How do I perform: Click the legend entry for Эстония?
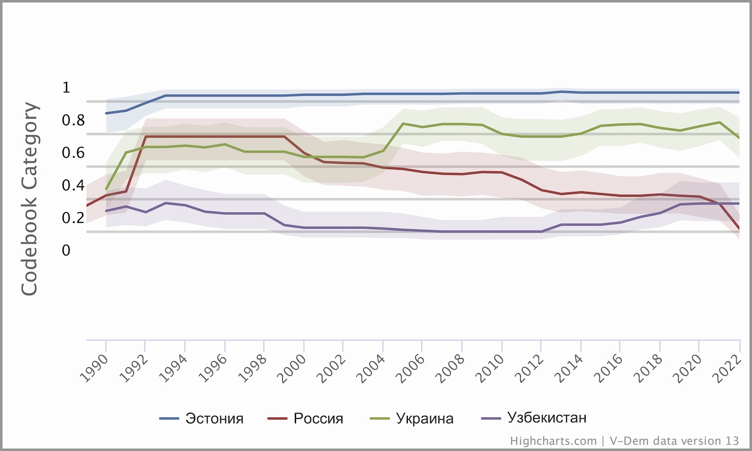click(x=214, y=418)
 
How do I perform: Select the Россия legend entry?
click(x=318, y=418)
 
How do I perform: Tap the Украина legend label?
click(x=424, y=418)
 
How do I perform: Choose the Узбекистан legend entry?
click(x=547, y=418)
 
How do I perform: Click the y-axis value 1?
click(x=66, y=88)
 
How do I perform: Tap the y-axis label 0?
click(x=66, y=250)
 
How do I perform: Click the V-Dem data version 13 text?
click(x=674, y=441)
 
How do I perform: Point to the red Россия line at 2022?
click(x=739, y=228)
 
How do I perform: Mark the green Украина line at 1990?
click(x=107, y=189)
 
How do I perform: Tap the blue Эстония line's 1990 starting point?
click(x=107, y=113)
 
